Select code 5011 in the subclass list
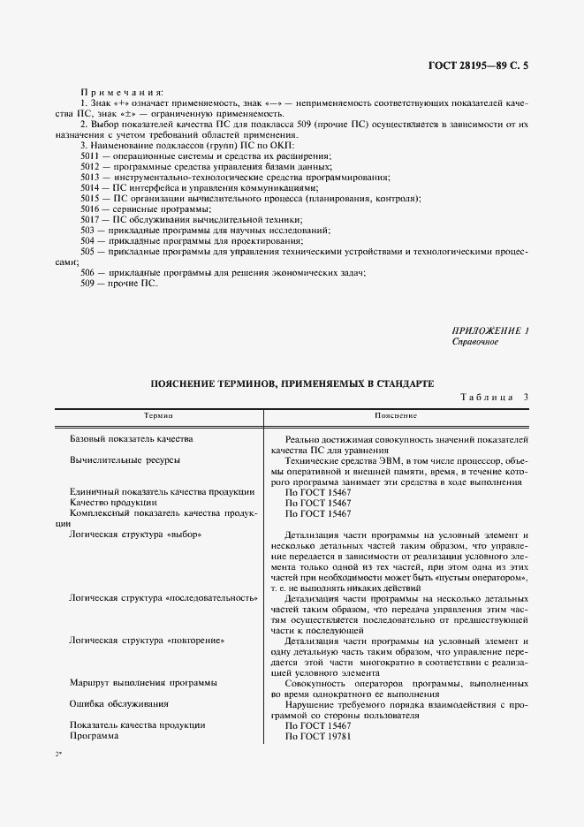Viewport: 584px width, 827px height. (x=91, y=156)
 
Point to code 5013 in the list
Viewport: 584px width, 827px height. (x=91, y=177)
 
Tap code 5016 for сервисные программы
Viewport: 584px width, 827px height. (x=91, y=209)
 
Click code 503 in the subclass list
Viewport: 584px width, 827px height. (x=88, y=230)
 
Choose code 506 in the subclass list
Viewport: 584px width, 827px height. (x=88, y=273)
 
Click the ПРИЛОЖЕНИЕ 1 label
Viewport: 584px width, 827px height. (x=490, y=330)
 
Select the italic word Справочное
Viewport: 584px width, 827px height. (x=475, y=341)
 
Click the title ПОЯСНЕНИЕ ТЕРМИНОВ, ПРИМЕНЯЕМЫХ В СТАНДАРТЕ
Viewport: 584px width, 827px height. (x=292, y=384)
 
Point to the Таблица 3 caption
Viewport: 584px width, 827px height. (x=494, y=398)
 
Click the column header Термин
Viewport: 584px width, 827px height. (x=159, y=415)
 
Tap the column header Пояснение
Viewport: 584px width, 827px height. (x=395, y=415)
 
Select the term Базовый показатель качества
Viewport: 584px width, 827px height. (x=131, y=439)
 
